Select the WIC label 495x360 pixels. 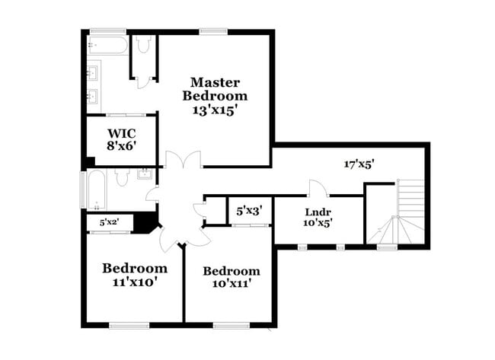point(120,132)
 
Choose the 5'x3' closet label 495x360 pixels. point(249,211)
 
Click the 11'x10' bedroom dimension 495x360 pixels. point(135,282)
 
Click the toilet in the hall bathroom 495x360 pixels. point(123,177)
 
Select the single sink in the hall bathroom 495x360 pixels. point(143,176)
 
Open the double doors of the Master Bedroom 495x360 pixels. point(184,160)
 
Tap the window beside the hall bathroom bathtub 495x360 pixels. point(83,189)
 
